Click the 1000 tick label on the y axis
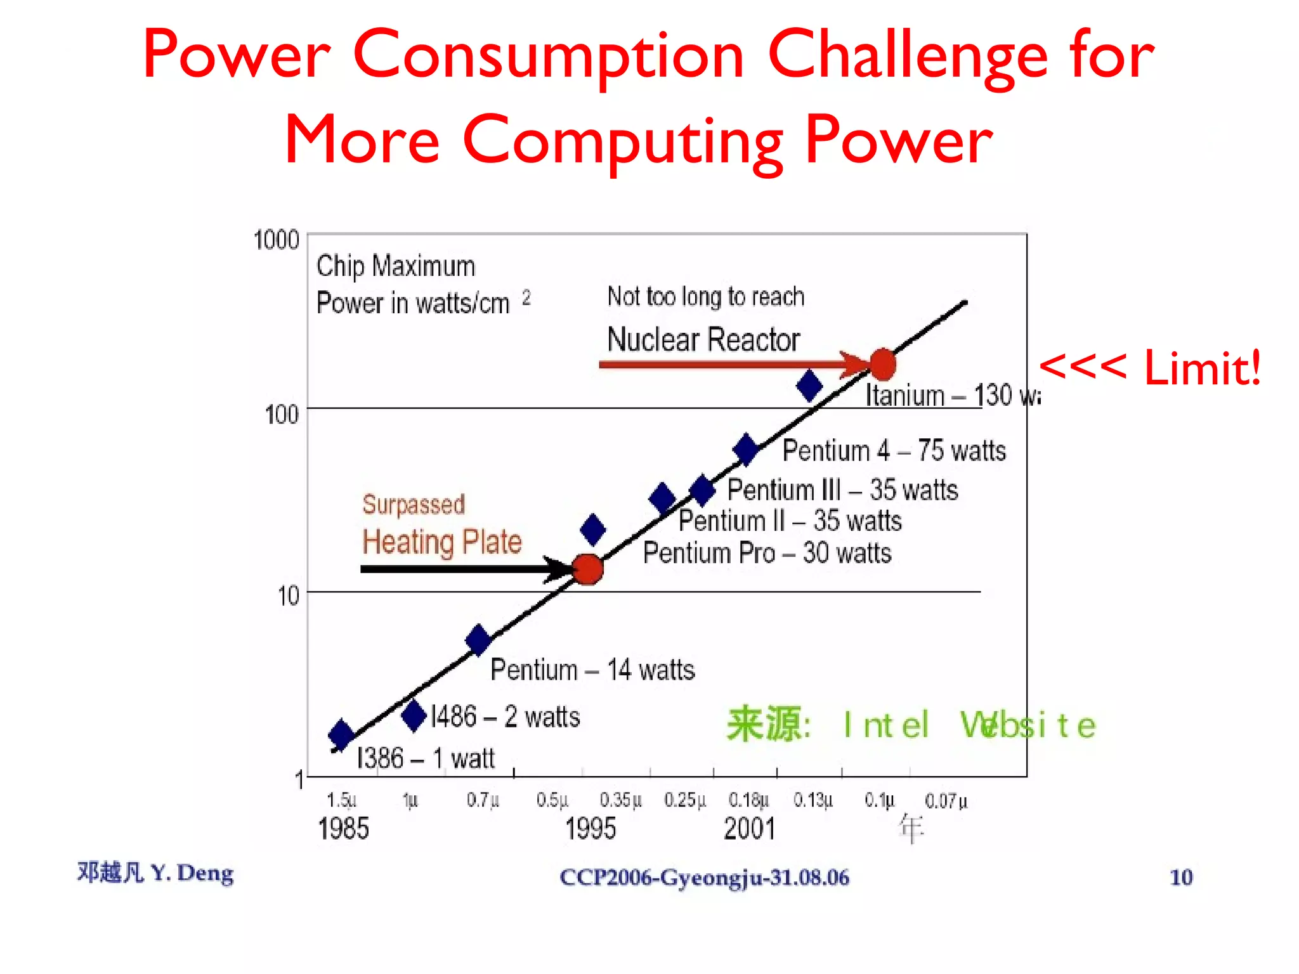pos(276,240)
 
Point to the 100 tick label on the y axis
pos(282,415)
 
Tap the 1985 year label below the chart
pos(343,828)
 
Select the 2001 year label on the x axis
pos(750,828)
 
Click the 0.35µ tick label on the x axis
pos(620,800)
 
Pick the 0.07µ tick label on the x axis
pos(946,801)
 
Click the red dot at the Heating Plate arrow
pos(588,569)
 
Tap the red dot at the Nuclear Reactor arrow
pos(882,365)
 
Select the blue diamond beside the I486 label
pos(414,715)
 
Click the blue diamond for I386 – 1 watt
pos(341,734)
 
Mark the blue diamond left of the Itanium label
pos(809,386)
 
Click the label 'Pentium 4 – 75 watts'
pos(894,451)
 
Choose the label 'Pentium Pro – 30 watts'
pos(767,553)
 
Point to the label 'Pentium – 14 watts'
pos(592,670)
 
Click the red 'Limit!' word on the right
pos(1202,368)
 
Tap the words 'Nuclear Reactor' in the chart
pos(703,339)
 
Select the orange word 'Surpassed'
pos(414,505)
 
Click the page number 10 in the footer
pos(1181,877)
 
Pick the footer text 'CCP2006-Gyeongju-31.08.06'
pos(704,878)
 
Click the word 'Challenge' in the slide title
pos(907,56)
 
